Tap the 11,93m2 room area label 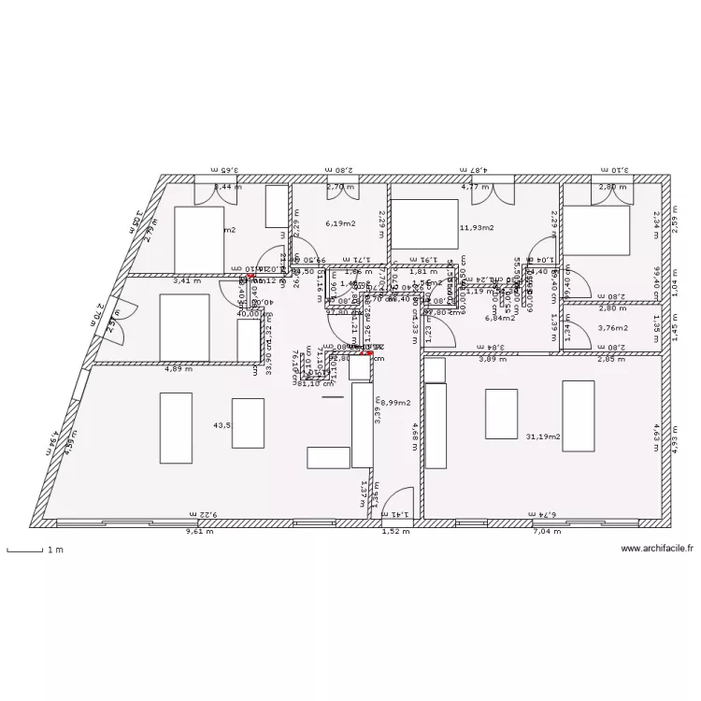(477, 227)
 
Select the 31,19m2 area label (543, 436)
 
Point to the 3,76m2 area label (612, 328)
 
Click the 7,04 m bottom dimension (547, 531)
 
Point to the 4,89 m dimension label (179, 368)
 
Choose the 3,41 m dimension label (187, 279)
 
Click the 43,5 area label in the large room (222, 425)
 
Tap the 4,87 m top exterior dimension (476, 170)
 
